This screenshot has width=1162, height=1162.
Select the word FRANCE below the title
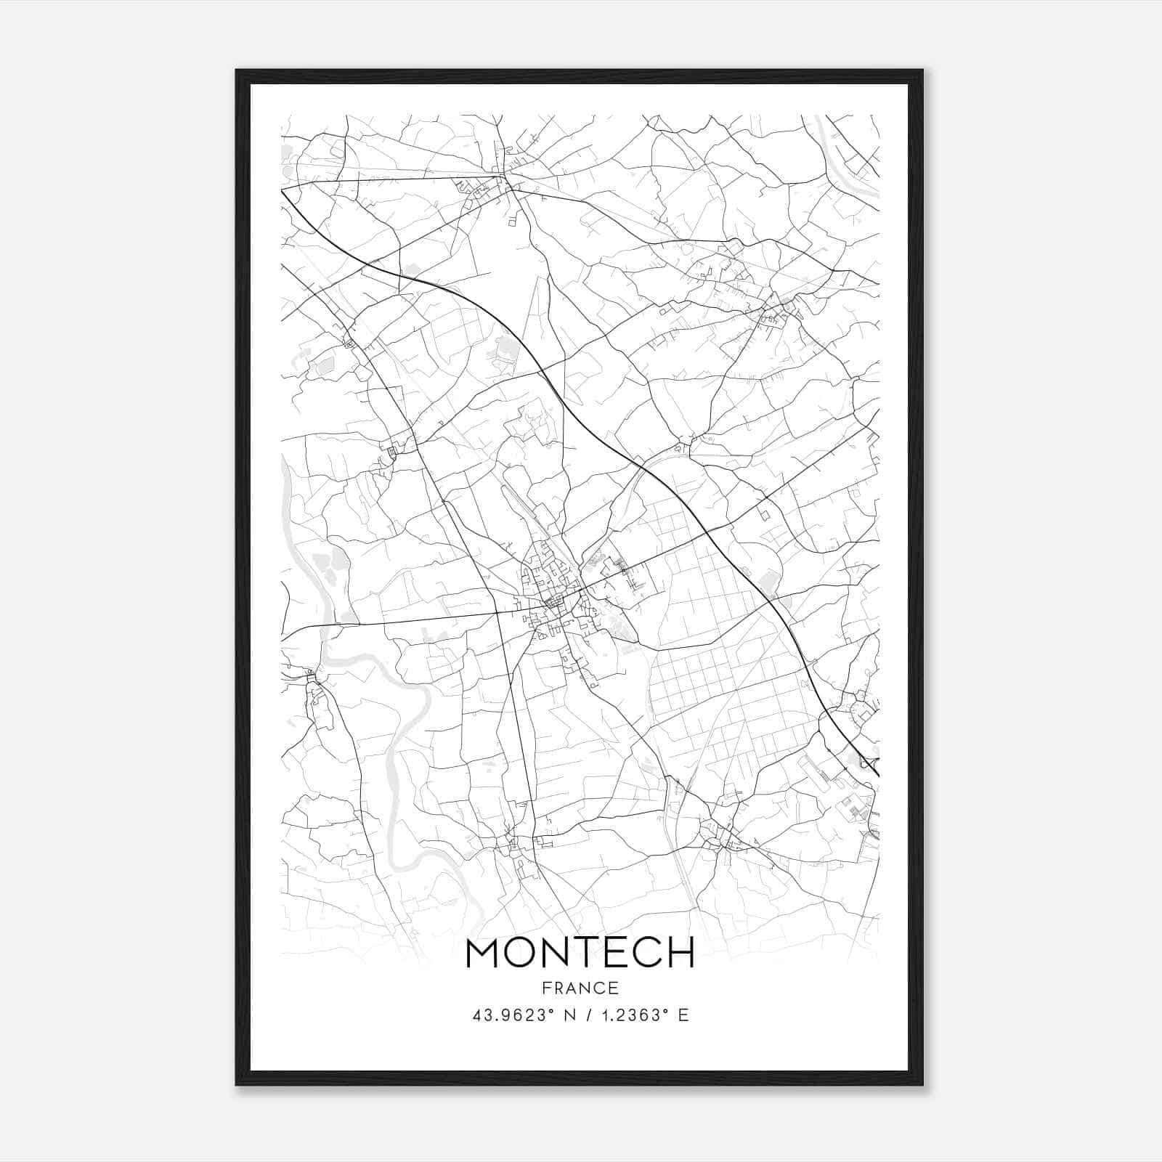point(580,988)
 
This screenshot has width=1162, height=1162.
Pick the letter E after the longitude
point(683,1015)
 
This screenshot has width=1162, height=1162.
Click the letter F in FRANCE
point(545,988)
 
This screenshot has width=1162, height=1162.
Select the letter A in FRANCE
point(570,988)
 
